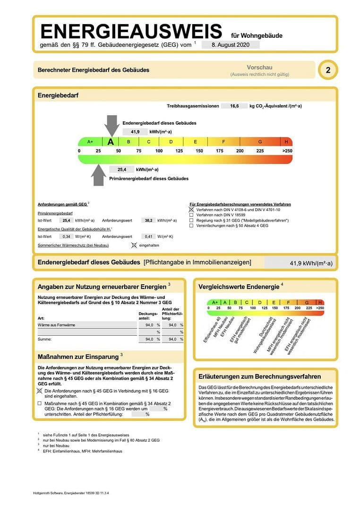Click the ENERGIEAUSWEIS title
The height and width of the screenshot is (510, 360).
[131, 32]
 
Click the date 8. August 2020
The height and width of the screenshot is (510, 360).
[231, 45]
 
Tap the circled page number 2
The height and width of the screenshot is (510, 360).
[327, 70]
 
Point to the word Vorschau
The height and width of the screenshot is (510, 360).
[259, 68]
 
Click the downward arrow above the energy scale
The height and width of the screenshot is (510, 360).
[111, 126]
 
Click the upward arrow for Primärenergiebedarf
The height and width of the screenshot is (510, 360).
[98, 175]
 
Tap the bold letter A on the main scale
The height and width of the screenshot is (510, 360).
[111, 142]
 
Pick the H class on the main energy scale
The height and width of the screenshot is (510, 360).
[286, 142]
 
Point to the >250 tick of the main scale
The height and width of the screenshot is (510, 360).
[287, 151]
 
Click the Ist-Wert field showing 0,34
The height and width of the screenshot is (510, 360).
[66, 236]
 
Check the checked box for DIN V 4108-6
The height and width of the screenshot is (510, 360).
[191, 209]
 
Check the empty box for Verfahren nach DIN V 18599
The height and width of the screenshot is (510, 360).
[191, 215]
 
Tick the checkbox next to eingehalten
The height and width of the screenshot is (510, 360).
[134, 246]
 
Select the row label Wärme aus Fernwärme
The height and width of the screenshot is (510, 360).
[56, 325]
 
